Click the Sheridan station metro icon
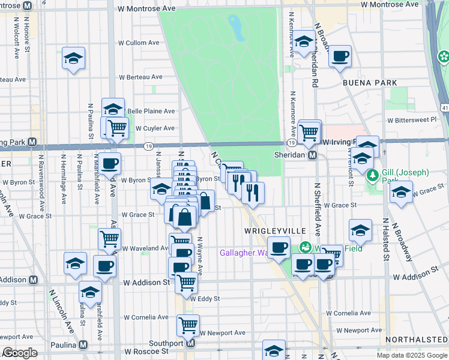(x=312, y=155)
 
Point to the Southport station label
(x=165, y=344)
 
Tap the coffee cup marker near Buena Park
(x=340, y=56)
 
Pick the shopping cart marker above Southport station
(x=188, y=326)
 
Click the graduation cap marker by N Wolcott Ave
(x=73, y=58)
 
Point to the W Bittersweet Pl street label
(x=412, y=119)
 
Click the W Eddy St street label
(x=205, y=298)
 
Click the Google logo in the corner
(x=20, y=352)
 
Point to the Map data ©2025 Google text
(x=411, y=355)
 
